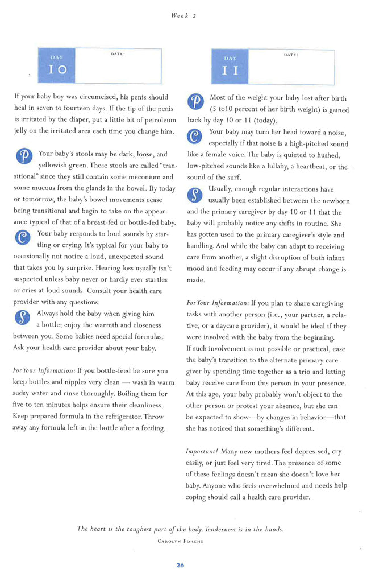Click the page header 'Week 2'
tap(183, 16)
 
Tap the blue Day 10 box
tap(57, 65)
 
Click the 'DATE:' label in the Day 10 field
tap(118, 54)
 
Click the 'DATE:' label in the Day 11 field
tap(291, 56)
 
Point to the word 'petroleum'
tap(153, 120)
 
